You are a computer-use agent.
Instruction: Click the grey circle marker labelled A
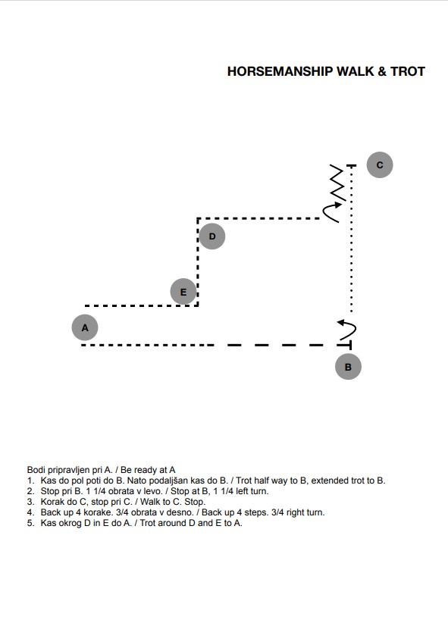click(x=85, y=327)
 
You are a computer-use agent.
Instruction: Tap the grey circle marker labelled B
click(x=348, y=367)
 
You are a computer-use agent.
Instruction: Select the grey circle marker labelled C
click(x=380, y=164)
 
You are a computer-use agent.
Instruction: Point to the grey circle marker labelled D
click(x=212, y=236)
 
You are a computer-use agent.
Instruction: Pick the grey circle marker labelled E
click(x=183, y=292)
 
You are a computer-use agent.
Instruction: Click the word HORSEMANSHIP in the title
click(x=280, y=71)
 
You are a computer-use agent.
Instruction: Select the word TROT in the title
click(x=408, y=71)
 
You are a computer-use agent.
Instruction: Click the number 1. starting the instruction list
click(x=31, y=481)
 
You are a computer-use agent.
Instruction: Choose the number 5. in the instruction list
click(x=31, y=523)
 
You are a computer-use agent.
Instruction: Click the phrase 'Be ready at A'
click(x=148, y=470)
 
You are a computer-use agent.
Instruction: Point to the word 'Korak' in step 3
click(x=52, y=502)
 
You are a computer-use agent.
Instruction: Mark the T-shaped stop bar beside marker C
click(x=351, y=166)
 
